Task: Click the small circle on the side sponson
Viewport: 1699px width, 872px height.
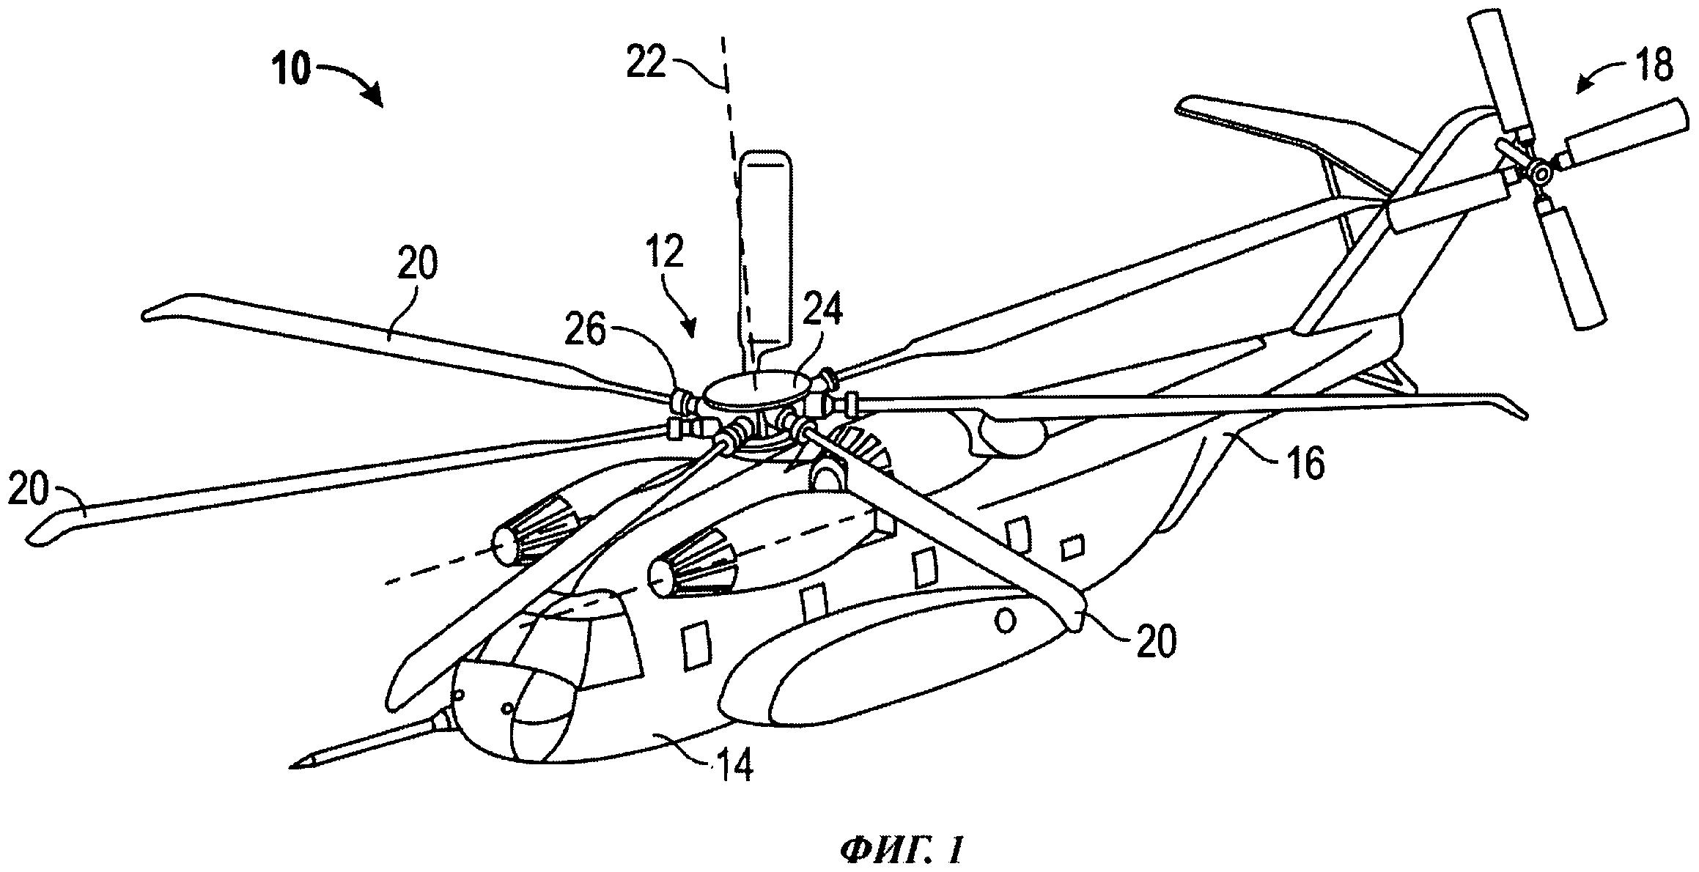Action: coord(1006,622)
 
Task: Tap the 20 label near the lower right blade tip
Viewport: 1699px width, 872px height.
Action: coord(1156,641)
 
